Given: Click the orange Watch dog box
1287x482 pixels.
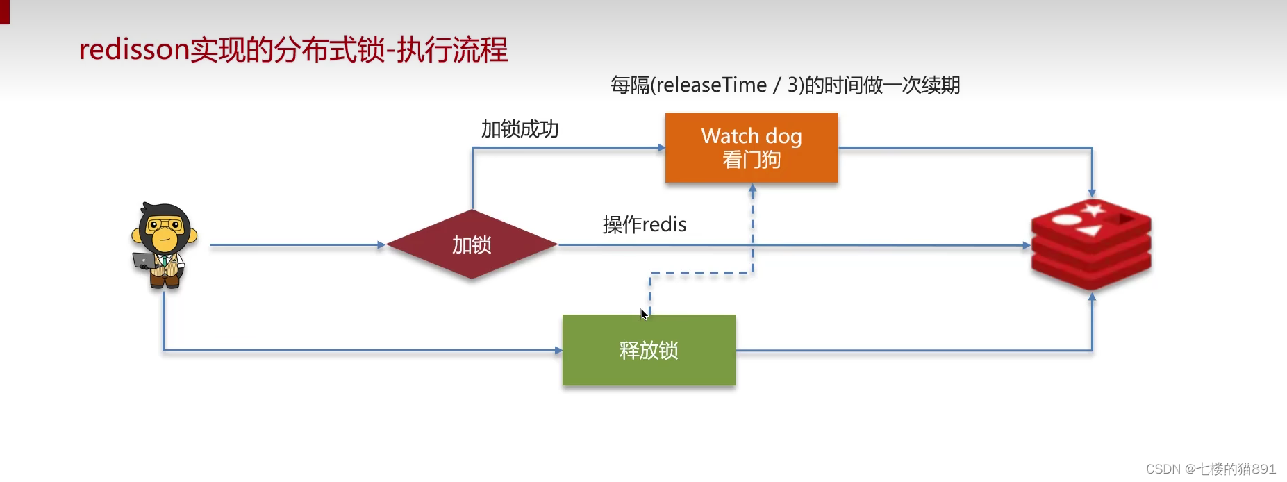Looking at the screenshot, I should [752, 147].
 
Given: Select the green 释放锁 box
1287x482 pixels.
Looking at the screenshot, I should [649, 350].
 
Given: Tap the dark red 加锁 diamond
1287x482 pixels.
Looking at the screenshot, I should [472, 244].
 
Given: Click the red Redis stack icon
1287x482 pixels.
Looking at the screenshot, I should [1091, 244].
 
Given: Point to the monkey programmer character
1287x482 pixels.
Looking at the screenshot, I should [164, 244].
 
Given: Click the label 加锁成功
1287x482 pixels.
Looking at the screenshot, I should [520, 129].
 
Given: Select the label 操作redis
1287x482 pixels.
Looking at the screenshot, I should [644, 224].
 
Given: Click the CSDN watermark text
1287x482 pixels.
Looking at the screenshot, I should [1211, 469].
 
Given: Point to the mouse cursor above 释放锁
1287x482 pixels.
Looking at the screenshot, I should [643, 314].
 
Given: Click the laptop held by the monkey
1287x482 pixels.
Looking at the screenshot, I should [144, 260].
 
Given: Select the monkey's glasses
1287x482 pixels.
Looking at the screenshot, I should [165, 225].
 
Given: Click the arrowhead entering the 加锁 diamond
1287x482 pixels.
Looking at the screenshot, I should [381, 244].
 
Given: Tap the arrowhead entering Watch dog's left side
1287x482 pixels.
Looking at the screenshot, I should [661, 147].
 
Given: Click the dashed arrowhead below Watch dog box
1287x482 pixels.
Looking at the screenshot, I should [752, 188].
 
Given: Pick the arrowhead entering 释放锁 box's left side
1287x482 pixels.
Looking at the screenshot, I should [558, 350].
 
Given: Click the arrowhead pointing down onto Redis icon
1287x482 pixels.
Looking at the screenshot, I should [1092, 194].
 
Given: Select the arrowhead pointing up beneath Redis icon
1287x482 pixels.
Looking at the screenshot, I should [1092, 297].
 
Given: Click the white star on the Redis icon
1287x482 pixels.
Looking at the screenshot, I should [1093, 208].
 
